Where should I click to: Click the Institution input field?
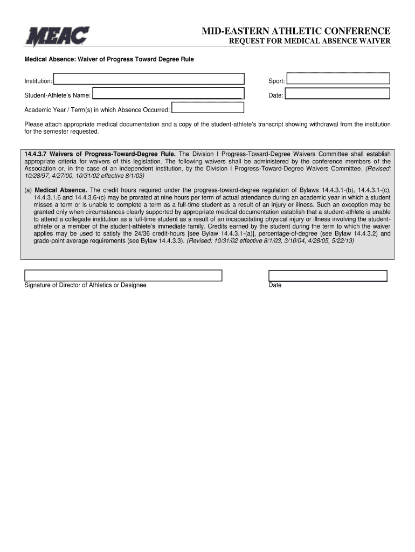pyautogui.click(x=149, y=79)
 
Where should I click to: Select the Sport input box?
pyautogui.click(x=338, y=79)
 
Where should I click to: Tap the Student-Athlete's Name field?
pyautogui.click(x=168, y=94)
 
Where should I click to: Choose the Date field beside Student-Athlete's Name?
pyautogui.click(x=337, y=94)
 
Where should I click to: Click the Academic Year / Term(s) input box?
pyautogui.click(x=207, y=108)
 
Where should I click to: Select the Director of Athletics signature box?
pyautogui.click(x=123, y=275)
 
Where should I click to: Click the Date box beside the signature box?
pyautogui.click(x=328, y=275)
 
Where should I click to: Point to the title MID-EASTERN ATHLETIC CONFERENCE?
pyautogui.click(x=296, y=31)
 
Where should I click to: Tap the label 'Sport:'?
pyautogui.click(x=277, y=81)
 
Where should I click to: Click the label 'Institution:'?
pyautogui.click(x=38, y=81)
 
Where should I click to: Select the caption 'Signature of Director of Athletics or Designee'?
pyautogui.click(x=85, y=285)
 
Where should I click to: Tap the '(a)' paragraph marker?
pyautogui.click(x=29, y=190)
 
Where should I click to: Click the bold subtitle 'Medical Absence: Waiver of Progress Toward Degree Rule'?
pyautogui.click(x=109, y=59)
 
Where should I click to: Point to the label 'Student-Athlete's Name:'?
pyautogui.click(x=57, y=96)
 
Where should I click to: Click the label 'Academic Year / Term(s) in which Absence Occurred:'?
pyautogui.click(x=97, y=110)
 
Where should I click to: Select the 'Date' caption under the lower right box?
pyautogui.click(x=275, y=285)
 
